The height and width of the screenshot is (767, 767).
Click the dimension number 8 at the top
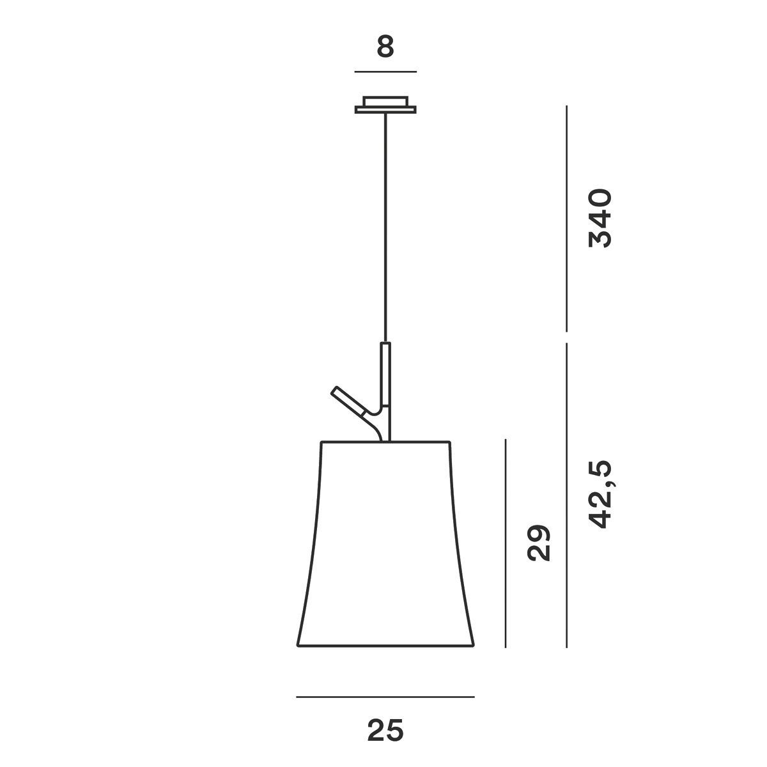tap(385, 47)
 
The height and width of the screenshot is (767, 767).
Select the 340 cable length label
tap(601, 218)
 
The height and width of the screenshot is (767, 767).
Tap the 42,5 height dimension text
tap(601, 494)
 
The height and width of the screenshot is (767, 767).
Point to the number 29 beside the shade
tap(539, 543)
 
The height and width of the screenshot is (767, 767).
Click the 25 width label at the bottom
tap(385, 731)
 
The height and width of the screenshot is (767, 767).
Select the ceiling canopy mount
tap(385, 105)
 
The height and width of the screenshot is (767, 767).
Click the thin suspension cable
tap(385, 224)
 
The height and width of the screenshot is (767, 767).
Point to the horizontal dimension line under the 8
tap(385, 72)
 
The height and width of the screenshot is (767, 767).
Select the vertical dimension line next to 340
tap(567, 218)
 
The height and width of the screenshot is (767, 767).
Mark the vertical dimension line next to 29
tap(506, 543)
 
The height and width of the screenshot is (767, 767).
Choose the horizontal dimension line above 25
tap(385, 697)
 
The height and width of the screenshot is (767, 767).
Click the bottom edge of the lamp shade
tap(385, 647)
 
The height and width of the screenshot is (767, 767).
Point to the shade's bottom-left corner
tap(298, 646)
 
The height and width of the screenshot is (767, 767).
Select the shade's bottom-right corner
tap(474, 646)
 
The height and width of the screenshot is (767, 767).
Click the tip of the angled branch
tap(334, 391)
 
